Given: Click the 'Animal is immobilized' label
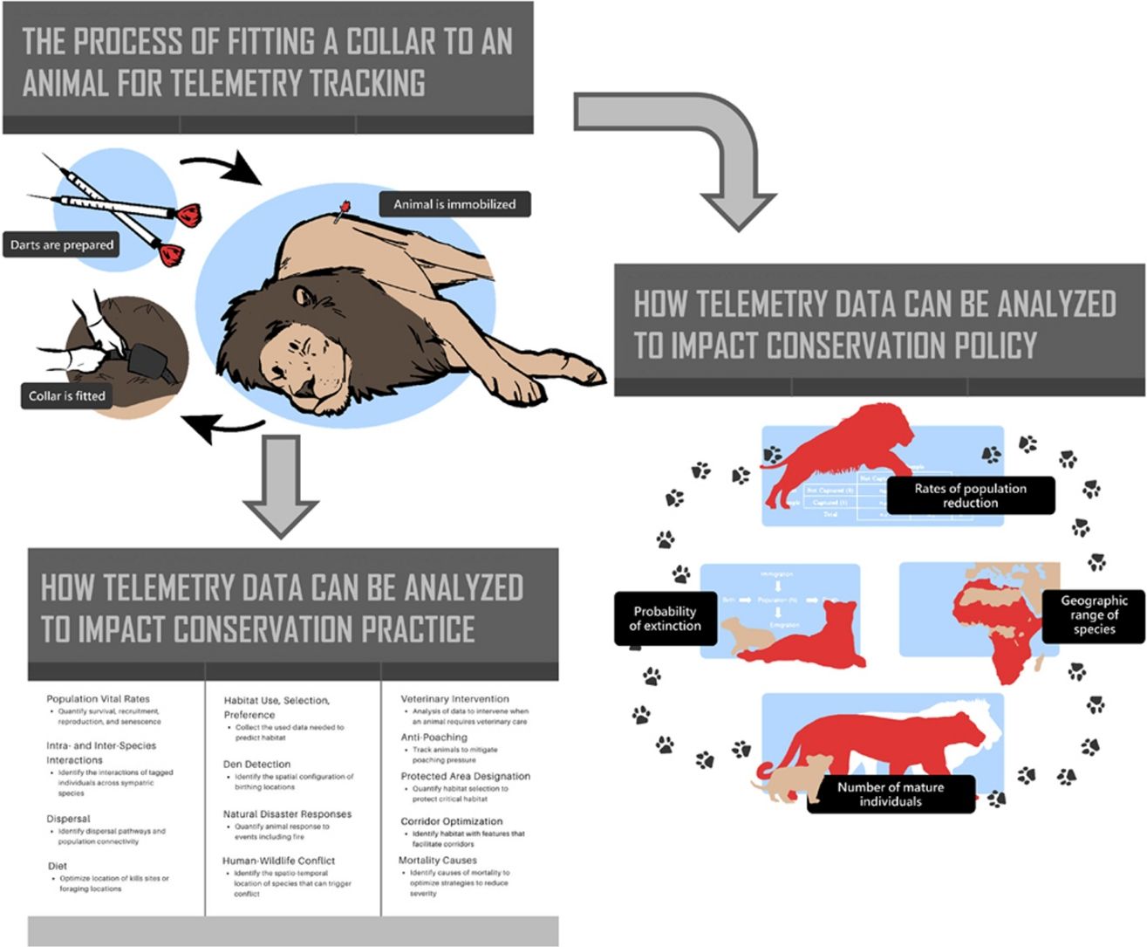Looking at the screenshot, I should click(454, 204).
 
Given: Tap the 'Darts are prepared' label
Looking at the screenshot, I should click(62, 245).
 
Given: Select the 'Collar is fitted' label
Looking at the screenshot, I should click(67, 396).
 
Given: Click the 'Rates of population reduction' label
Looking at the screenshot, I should click(970, 495).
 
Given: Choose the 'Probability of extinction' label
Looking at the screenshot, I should click(665, 618).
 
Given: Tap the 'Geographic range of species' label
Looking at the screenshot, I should click(1094, 614).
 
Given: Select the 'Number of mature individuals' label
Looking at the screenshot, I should click(891, 793).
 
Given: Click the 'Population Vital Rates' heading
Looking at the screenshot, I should click(98, 699).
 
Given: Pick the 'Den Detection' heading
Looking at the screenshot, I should click(256, 764).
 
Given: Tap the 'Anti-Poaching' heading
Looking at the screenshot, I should click(434, 737).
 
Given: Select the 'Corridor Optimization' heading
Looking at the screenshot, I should click(451, 821).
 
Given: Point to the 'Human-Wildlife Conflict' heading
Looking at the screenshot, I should click(278, 861).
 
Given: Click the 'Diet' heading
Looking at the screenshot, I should click(57, 866).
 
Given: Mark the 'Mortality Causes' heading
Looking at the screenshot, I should click(437, 860).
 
